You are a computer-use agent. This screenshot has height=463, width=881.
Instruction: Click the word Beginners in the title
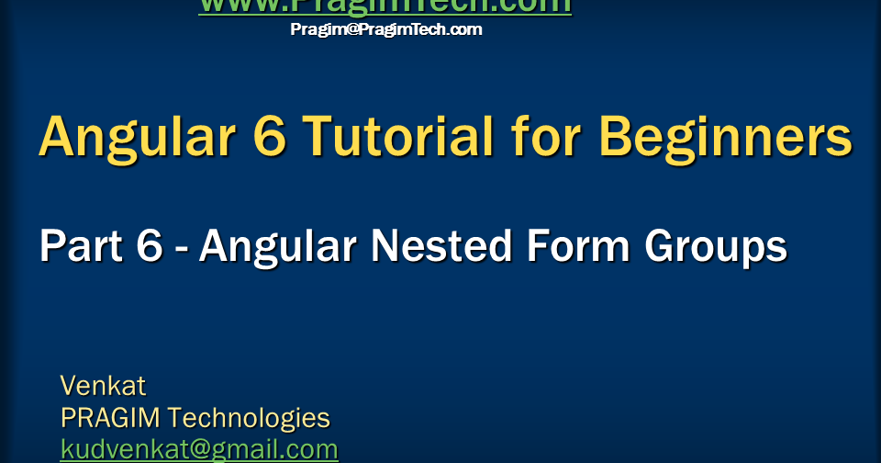click(725, 138)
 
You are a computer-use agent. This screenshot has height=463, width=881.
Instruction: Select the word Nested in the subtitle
click(429, 246)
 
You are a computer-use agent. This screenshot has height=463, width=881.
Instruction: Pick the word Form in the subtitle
click(573, 246)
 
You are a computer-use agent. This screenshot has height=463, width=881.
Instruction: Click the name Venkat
click(103, 384)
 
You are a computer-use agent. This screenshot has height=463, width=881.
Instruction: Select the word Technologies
click(249, 418)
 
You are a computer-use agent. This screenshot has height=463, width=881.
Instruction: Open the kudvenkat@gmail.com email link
click(199, 449)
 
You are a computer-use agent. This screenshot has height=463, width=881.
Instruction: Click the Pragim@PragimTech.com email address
click(385, 29)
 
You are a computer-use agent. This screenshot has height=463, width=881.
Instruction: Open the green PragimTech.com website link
click(385, 6)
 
